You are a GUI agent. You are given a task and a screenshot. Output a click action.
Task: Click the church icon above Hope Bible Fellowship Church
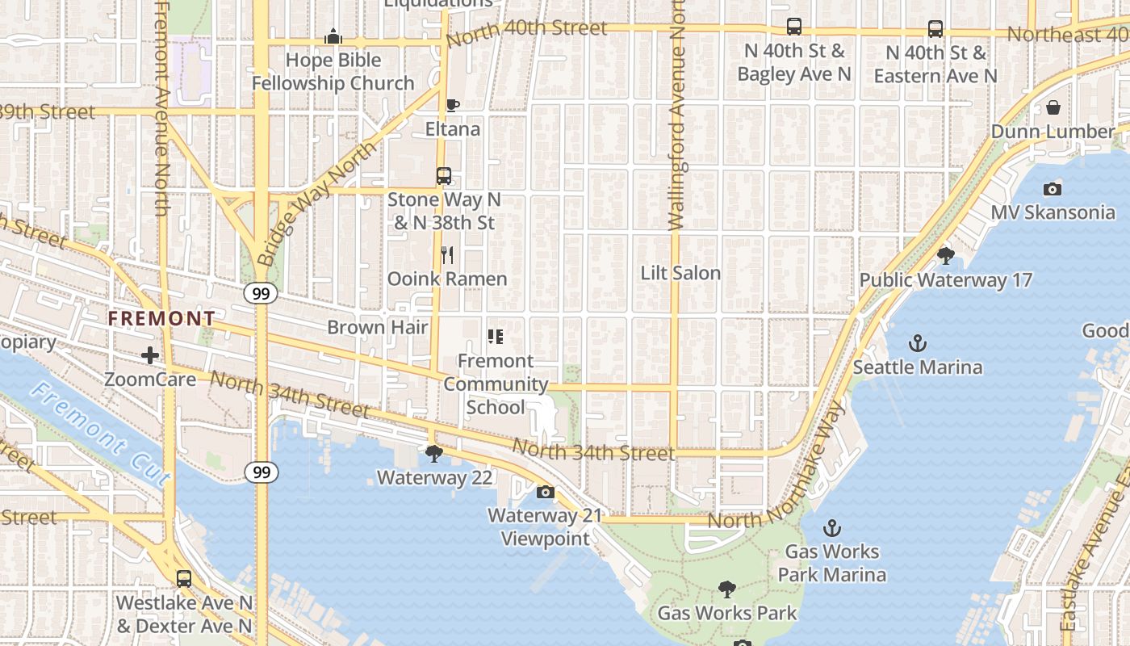(333, 36)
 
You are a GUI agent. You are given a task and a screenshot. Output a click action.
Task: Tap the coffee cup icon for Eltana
(452, 106)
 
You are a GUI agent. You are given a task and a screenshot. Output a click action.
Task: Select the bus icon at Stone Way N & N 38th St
(443, 175)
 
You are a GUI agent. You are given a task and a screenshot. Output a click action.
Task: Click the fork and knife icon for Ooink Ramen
(447, 255)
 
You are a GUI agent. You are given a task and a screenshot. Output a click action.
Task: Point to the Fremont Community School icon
(495, 337)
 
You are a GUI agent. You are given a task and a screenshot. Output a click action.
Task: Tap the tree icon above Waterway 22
(434, 454)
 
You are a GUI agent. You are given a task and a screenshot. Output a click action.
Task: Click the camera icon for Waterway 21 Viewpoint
(545, 492)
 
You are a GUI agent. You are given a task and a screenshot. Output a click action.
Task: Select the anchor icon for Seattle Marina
(917, 344)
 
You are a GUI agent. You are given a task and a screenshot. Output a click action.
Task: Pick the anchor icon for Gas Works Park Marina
(831, 528)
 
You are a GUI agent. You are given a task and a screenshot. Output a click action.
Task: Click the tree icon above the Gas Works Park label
(726, 589)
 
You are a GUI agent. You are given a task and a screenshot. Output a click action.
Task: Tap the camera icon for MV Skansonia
(1052, 189)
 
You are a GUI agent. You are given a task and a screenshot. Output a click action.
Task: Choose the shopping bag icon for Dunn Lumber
(1053, 107)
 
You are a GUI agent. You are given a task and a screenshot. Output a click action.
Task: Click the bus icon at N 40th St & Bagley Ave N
(793, 27)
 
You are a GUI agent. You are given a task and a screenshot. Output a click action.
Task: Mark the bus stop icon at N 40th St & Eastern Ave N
(935, 29)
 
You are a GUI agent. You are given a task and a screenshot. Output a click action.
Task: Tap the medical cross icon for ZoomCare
(149, 355)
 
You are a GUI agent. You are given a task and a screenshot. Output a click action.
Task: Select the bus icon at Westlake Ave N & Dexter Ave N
(184, 579)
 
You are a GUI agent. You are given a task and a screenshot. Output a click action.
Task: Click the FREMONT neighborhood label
(161, 319)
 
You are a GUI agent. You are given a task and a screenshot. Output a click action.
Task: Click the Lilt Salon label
(680, 273)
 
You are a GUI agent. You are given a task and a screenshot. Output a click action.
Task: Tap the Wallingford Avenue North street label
(676, 121)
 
